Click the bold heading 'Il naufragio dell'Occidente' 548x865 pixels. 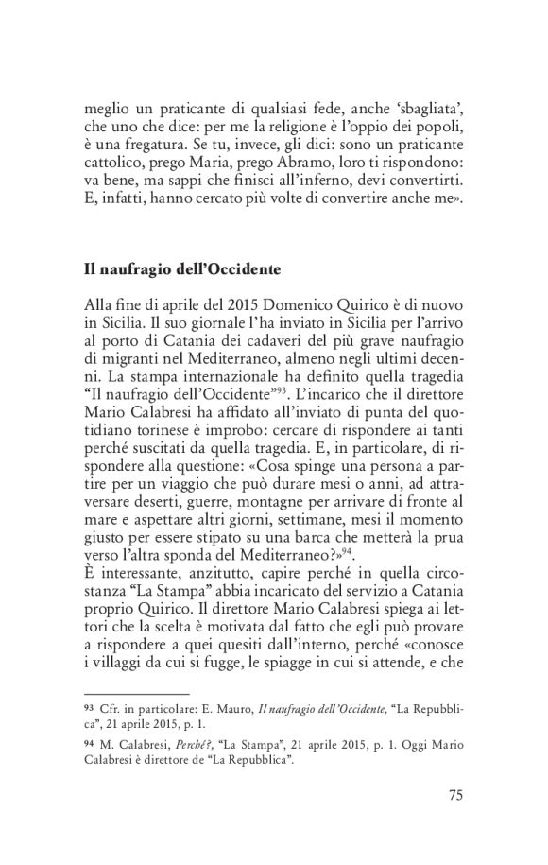pos(176,270)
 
